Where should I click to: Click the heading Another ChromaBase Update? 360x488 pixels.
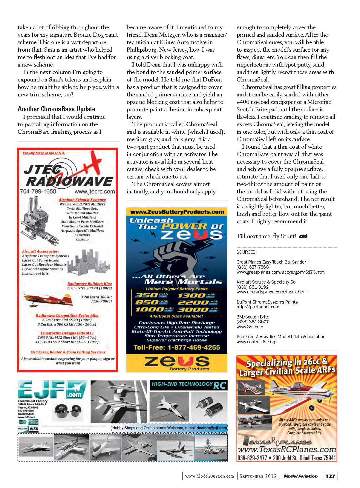point(56,109)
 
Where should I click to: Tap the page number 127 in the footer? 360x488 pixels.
point(330,476)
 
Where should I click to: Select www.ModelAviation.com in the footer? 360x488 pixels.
point(209,476)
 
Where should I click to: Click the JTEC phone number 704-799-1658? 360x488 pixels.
point(38,191)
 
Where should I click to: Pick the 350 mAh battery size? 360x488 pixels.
point(151,295)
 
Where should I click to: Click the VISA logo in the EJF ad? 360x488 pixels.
point(34,429)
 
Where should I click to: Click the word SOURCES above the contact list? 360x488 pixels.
point(246,252)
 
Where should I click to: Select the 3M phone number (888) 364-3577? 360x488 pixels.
point(252,322)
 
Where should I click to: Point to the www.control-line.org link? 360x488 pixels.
point(256,342)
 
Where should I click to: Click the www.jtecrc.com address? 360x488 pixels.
point(94,191)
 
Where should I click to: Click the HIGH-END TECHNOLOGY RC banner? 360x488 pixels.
point(189,385)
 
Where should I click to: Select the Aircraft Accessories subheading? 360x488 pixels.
point(40,251)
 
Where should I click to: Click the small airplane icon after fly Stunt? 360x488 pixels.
point(303,236)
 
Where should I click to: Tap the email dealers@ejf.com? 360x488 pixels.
point(212,428)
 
